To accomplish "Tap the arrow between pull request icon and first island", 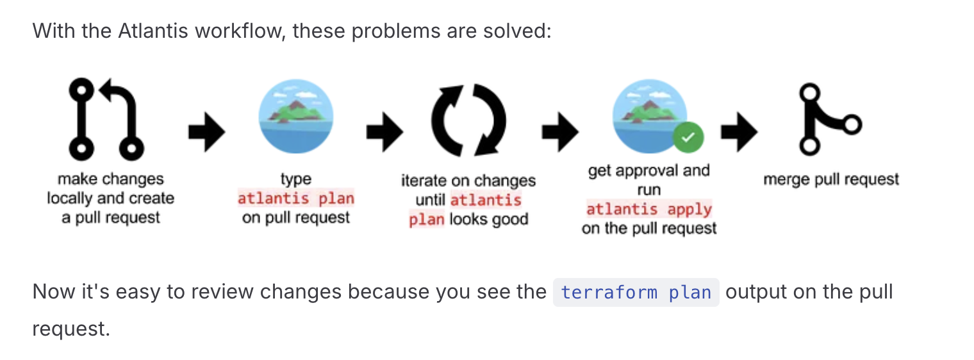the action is tap(207, 132).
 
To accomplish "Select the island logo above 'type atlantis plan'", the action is tap(296, 116).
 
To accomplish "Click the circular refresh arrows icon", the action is tap(469, 120).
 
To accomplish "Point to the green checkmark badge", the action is tap(688, 137).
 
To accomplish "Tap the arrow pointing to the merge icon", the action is tap(739, 132).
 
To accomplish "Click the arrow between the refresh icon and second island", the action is tap(560, 132).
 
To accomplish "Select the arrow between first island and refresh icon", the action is tap(385, 132).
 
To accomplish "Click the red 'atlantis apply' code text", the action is tap(648, 209).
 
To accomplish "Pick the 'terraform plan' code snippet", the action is tap(636, 292).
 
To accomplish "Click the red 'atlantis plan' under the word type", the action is tap(295, 199).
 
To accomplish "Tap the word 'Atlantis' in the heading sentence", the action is tap(153, 31).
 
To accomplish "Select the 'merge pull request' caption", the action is tap(831, 179).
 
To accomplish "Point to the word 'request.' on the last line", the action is tap(71, 329).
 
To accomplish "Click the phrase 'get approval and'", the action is tap(648, 170).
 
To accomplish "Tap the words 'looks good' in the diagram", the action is tap(489, 219).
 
